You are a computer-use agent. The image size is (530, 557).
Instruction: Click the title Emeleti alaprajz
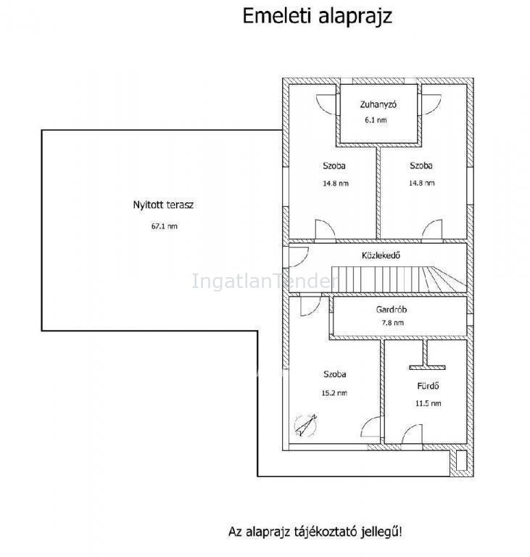pos(318,17)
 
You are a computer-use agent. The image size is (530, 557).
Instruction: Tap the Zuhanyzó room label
pos(378,104)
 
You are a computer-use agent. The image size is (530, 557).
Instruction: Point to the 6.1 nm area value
pos(376,120)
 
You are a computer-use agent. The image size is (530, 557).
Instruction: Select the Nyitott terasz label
pos(163,205)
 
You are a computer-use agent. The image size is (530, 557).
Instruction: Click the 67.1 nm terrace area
pos(164,226)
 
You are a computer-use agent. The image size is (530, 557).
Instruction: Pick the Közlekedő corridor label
pos(381,255)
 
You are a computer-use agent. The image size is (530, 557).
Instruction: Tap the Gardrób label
pos(391,310)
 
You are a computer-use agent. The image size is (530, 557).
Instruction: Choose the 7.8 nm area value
pos(392,323)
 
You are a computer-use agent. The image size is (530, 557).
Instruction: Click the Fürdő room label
pos(428,386)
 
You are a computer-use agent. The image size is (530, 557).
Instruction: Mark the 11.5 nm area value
pos(428,403)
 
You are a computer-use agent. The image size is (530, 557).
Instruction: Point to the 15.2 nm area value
pos(334,393)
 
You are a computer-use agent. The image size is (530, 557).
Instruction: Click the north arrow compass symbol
pos(305,425)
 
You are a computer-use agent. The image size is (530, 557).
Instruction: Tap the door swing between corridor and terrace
pos(299,257)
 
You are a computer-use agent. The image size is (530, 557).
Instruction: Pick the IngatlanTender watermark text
pos(265,281)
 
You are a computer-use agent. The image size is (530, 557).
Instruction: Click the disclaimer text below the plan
pos(315,532)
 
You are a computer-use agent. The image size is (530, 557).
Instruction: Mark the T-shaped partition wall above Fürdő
pos(427,355)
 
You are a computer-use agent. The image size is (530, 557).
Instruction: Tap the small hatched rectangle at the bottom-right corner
pos(461,461)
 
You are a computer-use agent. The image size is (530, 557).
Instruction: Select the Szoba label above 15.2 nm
pos(335,374)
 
